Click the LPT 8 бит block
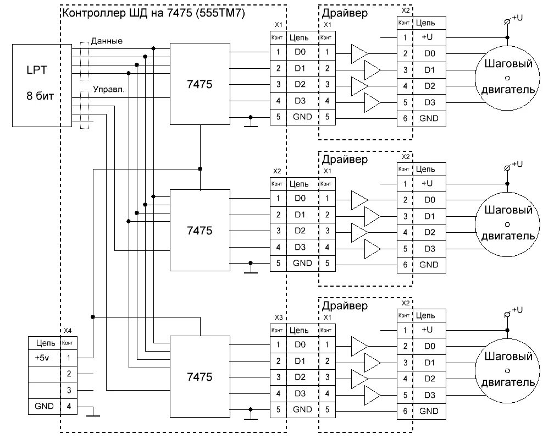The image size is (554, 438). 42,85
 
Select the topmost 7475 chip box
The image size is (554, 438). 200,84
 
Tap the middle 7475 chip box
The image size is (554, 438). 200,231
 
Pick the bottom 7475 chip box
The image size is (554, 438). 200,377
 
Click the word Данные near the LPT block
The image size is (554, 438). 107,41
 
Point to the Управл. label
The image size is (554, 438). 109,90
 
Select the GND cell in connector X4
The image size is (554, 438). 44,406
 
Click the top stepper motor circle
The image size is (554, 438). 507,78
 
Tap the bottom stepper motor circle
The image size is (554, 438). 507,371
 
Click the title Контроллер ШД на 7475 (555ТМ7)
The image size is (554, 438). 153,13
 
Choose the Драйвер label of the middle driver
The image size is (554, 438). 345,160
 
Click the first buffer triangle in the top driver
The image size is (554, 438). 359,54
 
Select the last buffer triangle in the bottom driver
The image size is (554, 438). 373,395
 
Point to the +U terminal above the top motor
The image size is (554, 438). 507,22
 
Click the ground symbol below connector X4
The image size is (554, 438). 93,415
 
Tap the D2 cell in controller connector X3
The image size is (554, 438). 300,377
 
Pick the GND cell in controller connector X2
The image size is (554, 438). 302,263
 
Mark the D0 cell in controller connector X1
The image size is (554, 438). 300,52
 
